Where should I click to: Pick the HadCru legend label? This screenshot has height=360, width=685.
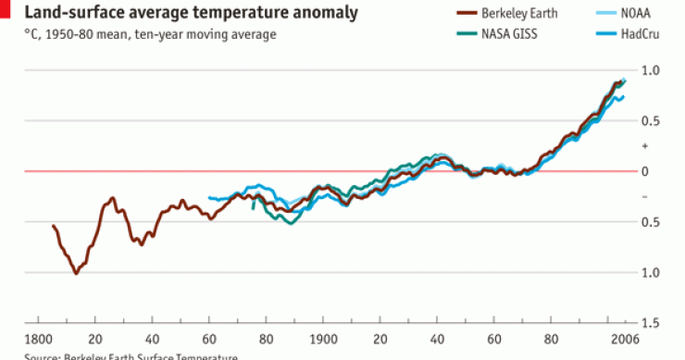[636, 34]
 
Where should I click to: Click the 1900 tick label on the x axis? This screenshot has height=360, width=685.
[323, 338]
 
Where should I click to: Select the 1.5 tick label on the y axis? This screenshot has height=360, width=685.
[651, 322]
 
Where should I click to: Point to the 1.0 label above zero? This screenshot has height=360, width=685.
[651, 70]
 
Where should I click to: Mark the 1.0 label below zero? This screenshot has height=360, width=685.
[651, 272]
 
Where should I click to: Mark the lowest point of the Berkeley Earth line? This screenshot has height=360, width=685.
[76, 273]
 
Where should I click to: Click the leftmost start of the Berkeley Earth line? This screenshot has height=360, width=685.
[53, 226]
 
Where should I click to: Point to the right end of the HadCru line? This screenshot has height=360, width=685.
[624, 96]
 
